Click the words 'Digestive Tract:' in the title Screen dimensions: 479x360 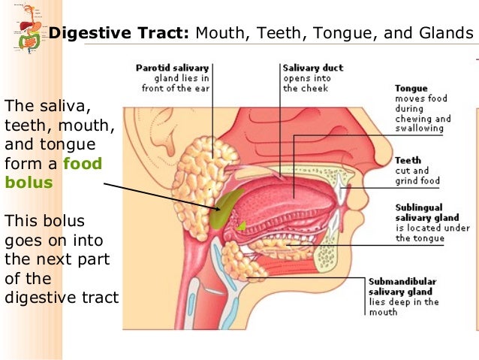(x=119, y=33)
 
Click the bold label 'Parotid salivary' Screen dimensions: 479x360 (x=172, y=68)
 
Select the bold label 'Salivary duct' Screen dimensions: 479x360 (x=312, y=68)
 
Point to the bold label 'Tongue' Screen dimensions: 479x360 (x=411, y=89)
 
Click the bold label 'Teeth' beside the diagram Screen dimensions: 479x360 (x=408, y=161)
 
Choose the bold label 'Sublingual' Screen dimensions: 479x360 (x=418, y=207)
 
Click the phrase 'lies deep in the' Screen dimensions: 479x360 (x=404, y=301)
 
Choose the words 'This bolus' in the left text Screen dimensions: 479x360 (x=44, y=222)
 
